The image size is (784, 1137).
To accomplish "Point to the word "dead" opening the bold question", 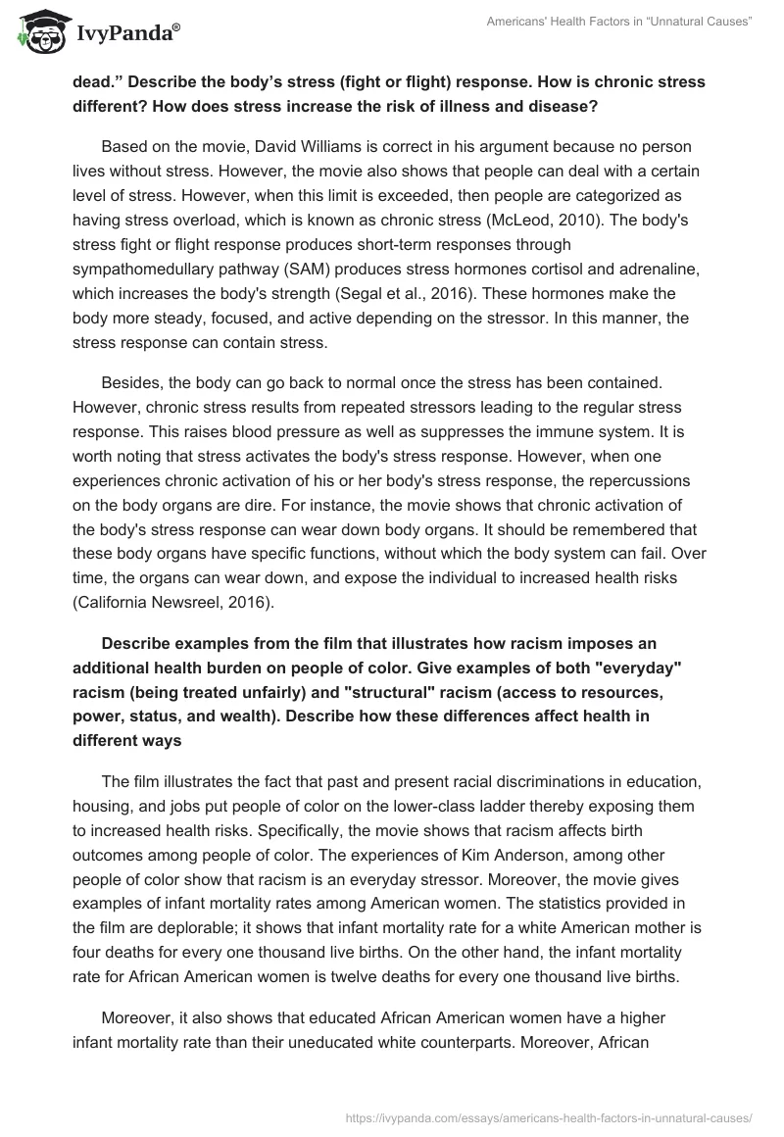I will coord(93,81).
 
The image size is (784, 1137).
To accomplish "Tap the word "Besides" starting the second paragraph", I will coord(130,362).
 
